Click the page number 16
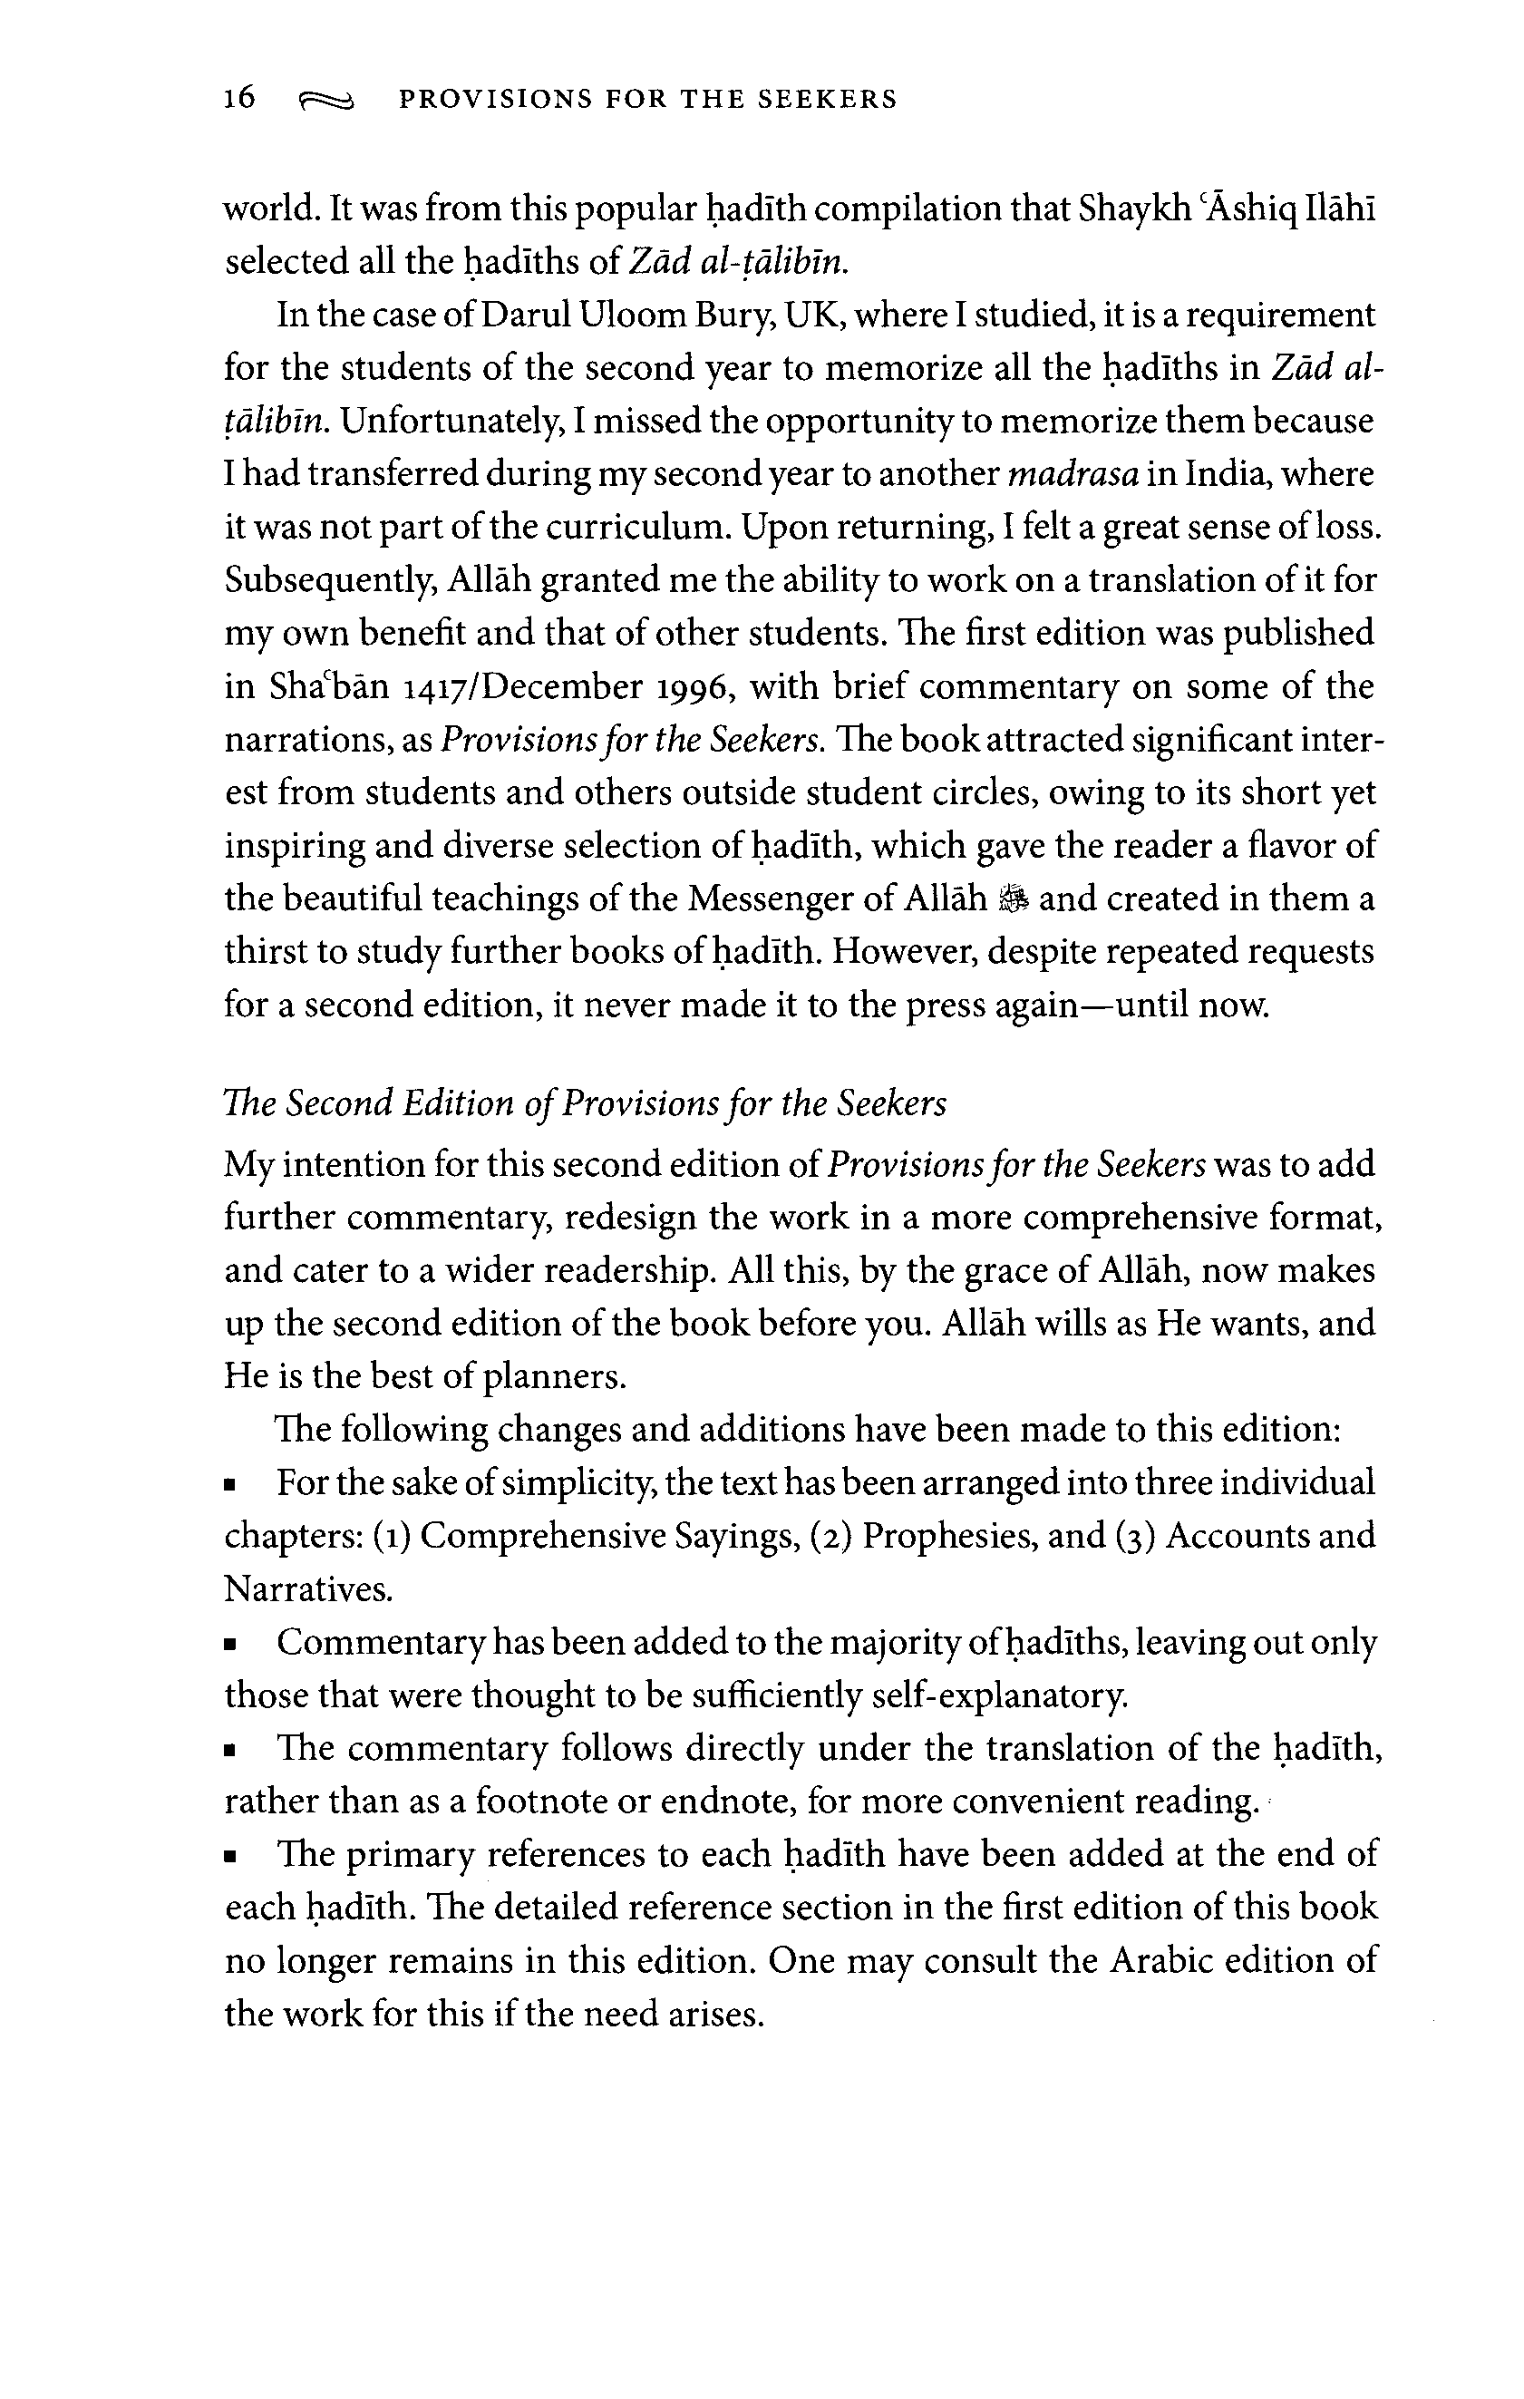click(240, 98)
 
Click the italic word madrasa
click(1073, 474)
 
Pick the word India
click(1225, 474)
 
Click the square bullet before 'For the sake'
click(231, 1485)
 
